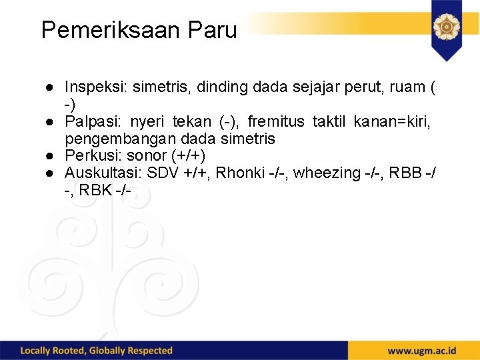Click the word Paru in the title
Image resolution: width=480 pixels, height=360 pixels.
212,30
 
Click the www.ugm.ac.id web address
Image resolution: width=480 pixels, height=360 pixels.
422,351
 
